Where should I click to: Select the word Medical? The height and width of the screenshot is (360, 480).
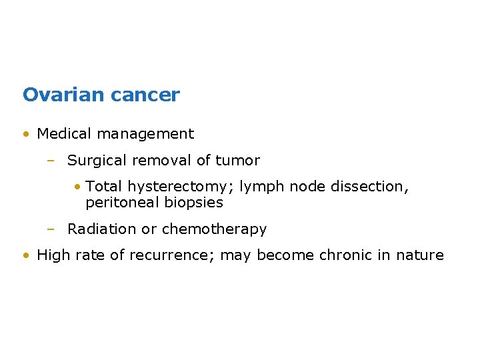[64, 133]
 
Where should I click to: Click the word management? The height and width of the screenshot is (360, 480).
[145, 134]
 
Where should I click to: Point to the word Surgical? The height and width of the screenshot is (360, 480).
[96, 161]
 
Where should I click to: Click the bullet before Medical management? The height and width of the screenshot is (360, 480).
[25, 134]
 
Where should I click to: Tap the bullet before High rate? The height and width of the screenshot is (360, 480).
[25, 255]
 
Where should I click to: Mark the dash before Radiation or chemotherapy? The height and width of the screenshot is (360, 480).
[50, 229]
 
